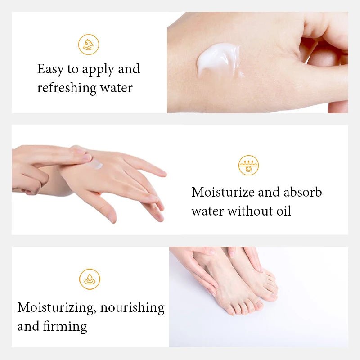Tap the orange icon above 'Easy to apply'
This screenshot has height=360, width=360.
pyautogui.click(x=88, y=45)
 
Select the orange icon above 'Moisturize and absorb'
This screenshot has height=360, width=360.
pyautogui.click(x=248, y=165)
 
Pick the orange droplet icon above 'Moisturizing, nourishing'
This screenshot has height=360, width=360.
pyautogui.click(x=90, y=279)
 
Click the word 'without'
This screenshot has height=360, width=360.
pyautogui.click(x=247, y=211)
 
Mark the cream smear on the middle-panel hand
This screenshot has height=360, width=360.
pyautogui.click(x=95, y=165)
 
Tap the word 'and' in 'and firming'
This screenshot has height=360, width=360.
pyautogui.click(x=26, y=326)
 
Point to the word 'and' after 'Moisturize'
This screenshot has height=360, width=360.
pyautogui.click(x=268, y=192)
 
